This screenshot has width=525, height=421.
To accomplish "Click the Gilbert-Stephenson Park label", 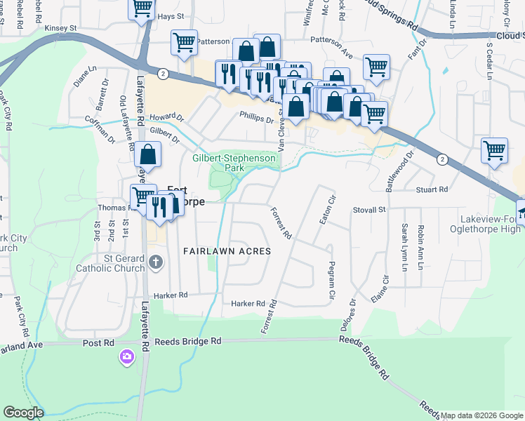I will tap(234, 163).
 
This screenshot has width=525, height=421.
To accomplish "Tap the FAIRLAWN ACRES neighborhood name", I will tap(227, 250).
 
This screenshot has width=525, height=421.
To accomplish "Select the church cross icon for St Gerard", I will tap(155, 262).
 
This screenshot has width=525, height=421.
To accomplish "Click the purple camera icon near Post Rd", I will tap(126, 357).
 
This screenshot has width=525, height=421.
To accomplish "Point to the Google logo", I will tap(24, 413).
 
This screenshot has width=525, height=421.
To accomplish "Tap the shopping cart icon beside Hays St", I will tap(142, 8).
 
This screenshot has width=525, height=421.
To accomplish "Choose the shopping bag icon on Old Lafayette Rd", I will tap(148, 154).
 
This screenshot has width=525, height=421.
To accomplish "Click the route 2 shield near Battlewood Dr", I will tap(441, 160).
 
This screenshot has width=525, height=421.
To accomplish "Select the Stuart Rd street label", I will tap(432, 189).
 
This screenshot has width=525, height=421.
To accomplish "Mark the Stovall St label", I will tap(370, 209).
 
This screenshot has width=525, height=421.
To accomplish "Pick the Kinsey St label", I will tap(60, 28).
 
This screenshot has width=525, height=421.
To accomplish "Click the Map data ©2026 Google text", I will tap(481, 415).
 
